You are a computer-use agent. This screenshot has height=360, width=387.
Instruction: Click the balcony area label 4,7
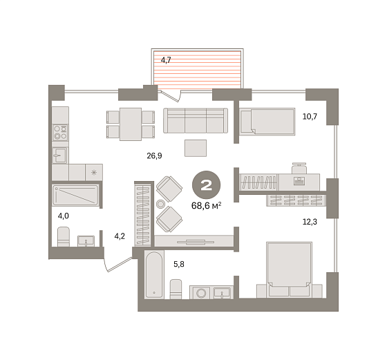tap(166, 60)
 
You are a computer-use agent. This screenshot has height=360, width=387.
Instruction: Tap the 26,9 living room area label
tap(154, 155)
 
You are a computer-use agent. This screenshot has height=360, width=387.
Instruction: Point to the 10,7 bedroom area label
tap(310, 116)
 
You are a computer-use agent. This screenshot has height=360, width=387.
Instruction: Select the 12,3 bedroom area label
tap(310, 222)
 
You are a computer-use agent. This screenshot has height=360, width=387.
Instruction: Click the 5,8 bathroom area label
tap(179, 264)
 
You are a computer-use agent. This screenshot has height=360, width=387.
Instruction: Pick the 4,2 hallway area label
tap(120, 236)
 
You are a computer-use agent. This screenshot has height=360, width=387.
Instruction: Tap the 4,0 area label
tap(63, 216)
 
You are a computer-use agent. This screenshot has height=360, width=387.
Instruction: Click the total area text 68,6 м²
tap(206, 205)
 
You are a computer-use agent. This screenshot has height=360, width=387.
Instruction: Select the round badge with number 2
tap(207, 184)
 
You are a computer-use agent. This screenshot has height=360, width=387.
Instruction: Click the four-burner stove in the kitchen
tap(61, 133)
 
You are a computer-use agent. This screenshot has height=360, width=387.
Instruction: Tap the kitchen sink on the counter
tap(59, 155)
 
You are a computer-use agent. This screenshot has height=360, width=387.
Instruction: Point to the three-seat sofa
tap(196, 120)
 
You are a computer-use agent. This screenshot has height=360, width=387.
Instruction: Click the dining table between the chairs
tap(131, 124)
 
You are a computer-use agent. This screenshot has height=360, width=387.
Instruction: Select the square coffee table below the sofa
tap(196, 148)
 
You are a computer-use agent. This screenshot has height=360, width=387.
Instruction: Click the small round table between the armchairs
tap(160, 204)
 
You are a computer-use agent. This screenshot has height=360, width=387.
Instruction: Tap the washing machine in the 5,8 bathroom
tap(200, 293)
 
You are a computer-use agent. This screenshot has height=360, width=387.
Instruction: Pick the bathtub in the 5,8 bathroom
tap(154, 274)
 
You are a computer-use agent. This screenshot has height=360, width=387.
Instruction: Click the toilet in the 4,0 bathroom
tap(64, 237)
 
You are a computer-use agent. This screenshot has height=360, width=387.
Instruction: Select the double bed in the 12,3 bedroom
tap(290, 269)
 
